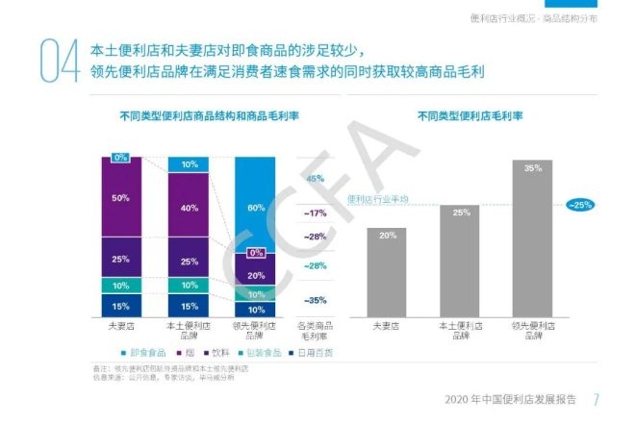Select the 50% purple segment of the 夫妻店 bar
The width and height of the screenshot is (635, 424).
(x=120, y=198)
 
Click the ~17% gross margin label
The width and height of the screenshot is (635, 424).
(x=315, y=212)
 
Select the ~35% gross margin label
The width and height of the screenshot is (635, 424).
(x=315, y=299)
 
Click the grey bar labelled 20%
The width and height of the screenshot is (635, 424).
(x=387, y=272)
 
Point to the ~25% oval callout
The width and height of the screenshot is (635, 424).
(x=580, y=205)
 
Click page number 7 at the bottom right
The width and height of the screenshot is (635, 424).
(x=597, y=400)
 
